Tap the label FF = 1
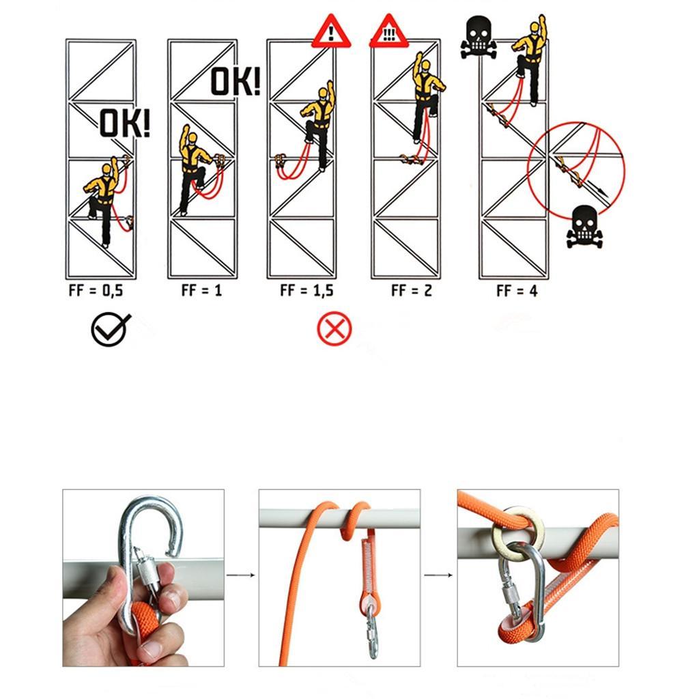[x=201, y=290]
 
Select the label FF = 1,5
[x=306, y=290]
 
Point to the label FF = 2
[x=412, y=290]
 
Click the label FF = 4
[x=517, y=291]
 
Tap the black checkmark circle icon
[x=109, y=330]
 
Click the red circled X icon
[x=334, y=330]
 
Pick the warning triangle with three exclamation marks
[x=388, y=34]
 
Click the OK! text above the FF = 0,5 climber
[x=125, y=124]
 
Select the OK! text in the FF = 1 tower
[x=235, y=81]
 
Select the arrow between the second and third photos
[x=438, y=575]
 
